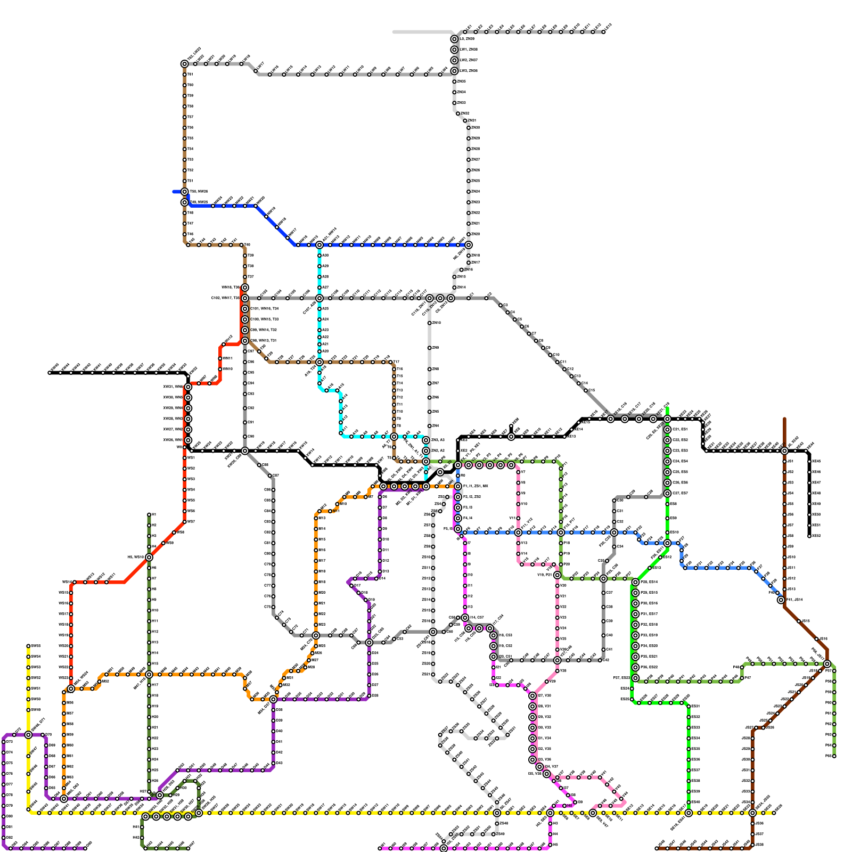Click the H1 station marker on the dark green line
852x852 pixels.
click(x=149, y=515)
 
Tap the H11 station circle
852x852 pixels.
click(x=149, y=621)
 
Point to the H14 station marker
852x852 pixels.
click(x=149, y=653)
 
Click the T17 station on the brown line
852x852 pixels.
click(x=394, y=362)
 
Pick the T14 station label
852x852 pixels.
click(x=400, y=383)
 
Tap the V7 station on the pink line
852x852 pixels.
click(x=518, y=472)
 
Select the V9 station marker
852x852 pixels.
click(x=518, y=494)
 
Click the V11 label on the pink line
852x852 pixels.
click(x=513, y=518)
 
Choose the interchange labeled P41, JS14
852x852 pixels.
click(x=781, y=600)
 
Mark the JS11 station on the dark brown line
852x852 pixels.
click(x=784, y=568)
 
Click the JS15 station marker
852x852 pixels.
click(x=799, y=621)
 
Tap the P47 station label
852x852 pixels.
click(x=747, y=678)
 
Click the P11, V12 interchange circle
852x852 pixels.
click(x=518, y=532)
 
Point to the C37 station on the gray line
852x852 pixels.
click(x=603, y=593)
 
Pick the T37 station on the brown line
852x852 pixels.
click(x=245, y=277)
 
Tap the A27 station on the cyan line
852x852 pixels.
click(x=319, y=288)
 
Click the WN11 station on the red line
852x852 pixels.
click(x=220, y=358)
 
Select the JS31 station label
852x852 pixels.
click(x=752, y=771)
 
